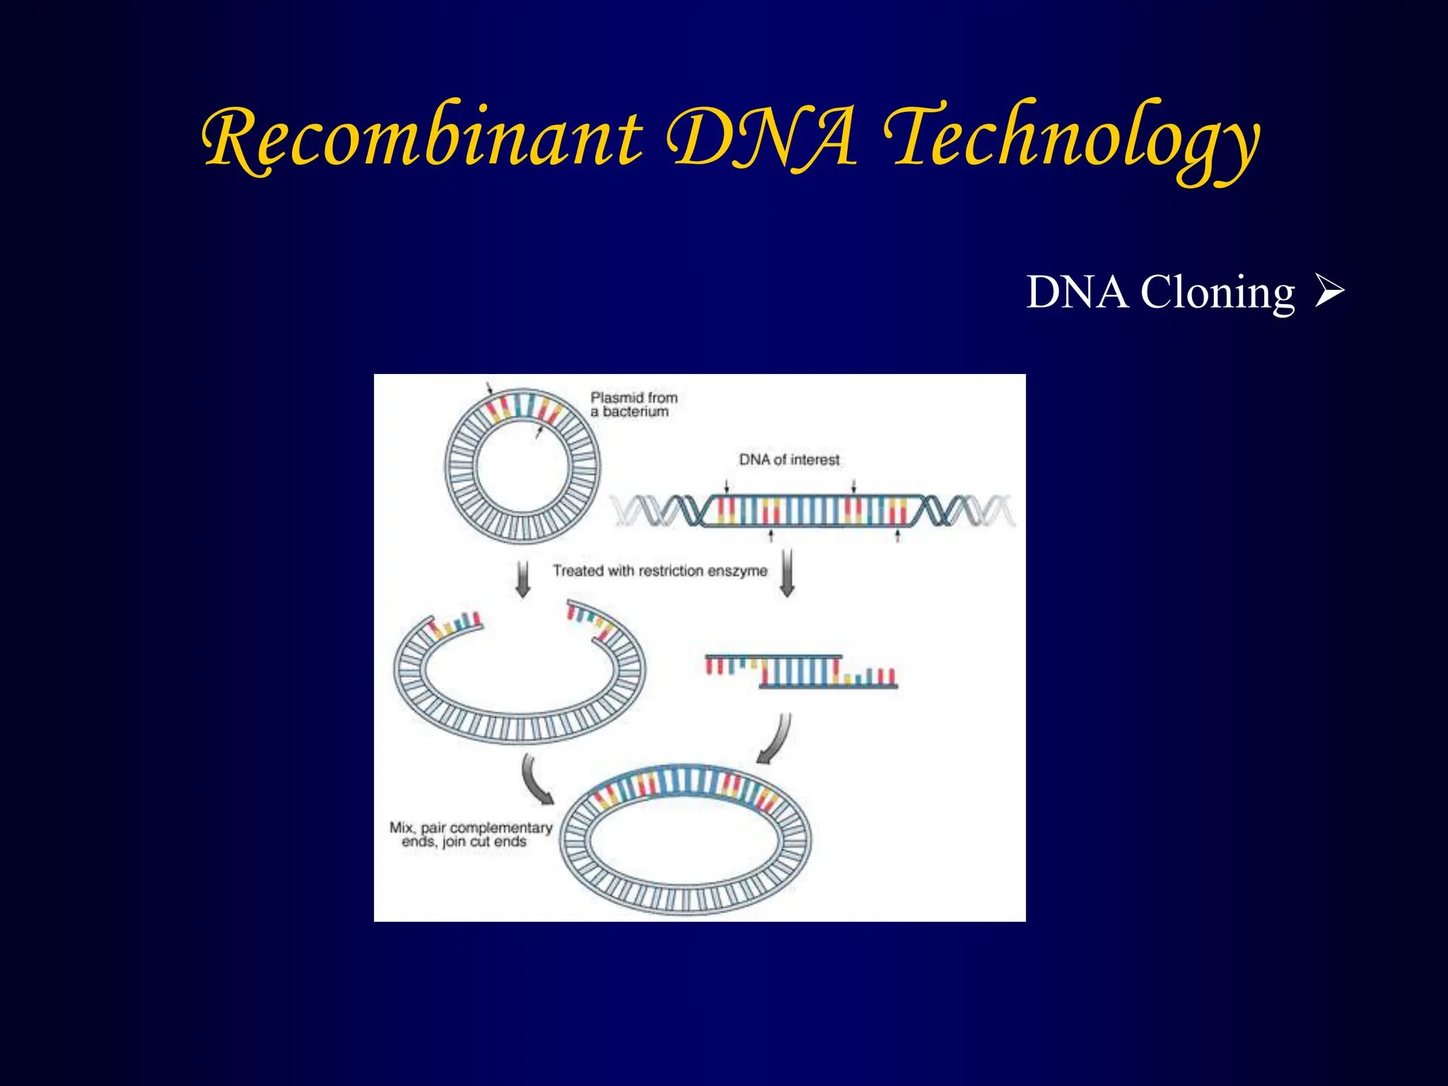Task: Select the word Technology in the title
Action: click(x=1071, y=138)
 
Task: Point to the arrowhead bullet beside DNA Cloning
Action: click(x=1329, y=292)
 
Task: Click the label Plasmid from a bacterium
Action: click(x=633, y=404)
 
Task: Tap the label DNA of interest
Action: click(x=789, y=460)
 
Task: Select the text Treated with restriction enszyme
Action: click(x=660, y=571)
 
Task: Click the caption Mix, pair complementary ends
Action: click(x=470, y=834)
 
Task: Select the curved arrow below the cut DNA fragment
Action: click(x=776, y=740)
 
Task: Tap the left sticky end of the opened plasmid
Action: click(x=456, y=625)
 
